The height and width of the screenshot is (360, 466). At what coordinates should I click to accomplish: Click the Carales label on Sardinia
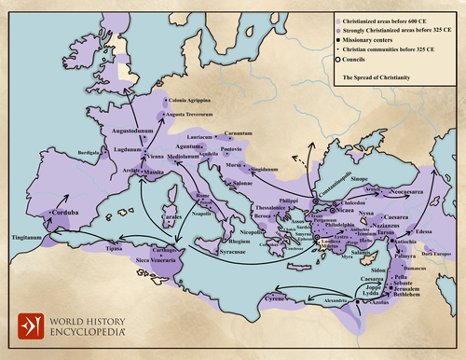click(171, 216)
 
